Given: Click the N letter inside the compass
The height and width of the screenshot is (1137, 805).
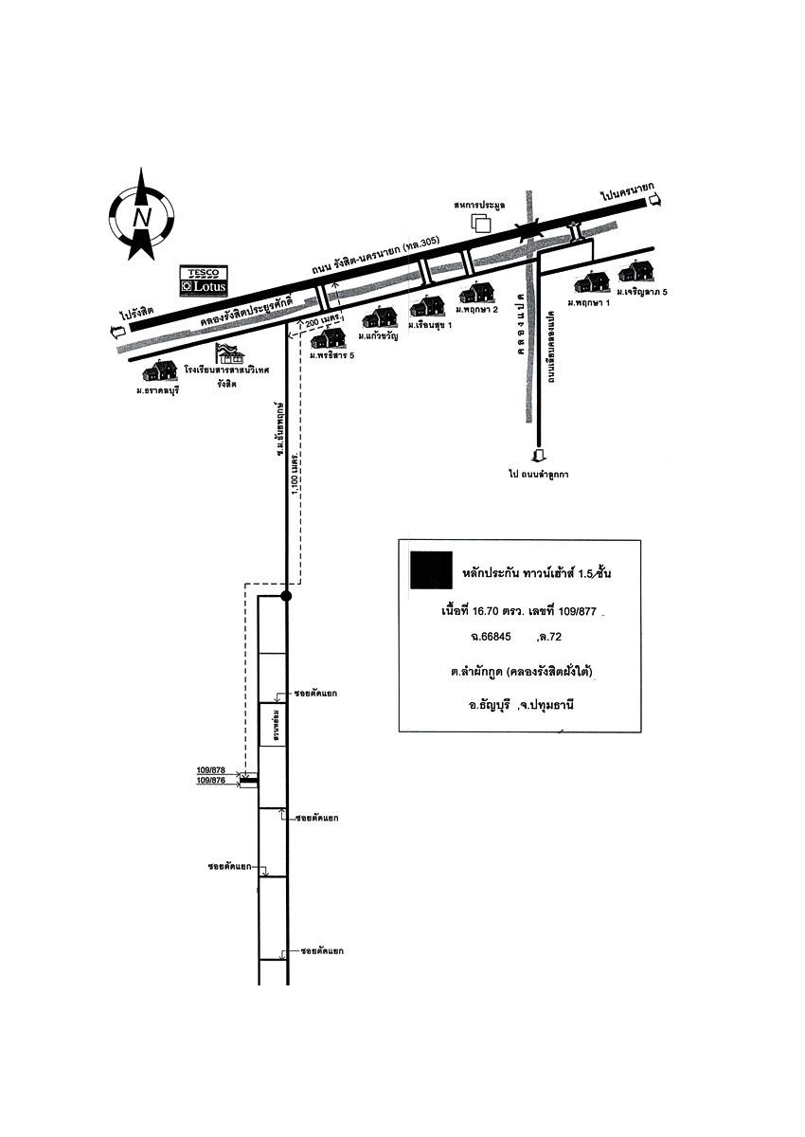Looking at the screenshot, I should coord(142,217).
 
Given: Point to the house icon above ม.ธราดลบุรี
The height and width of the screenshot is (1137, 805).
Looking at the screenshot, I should coord(160,370).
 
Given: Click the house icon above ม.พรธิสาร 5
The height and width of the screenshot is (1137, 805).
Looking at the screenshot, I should coord(328,339).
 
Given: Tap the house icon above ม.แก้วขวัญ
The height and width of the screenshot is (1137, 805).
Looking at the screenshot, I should coord(379,317).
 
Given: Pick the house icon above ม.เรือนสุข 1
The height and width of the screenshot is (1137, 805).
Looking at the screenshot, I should coord(428,306).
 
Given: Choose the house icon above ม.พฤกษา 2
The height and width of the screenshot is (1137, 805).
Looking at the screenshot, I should coord(476,293).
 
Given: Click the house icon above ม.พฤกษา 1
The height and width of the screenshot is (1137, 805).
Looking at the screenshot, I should coord(592,281).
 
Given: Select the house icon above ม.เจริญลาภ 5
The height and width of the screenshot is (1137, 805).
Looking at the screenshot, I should coord(635,271).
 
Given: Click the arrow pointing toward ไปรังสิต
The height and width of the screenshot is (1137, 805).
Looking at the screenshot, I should coord(117,331).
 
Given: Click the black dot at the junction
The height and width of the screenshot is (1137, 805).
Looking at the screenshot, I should coord(287,596).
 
